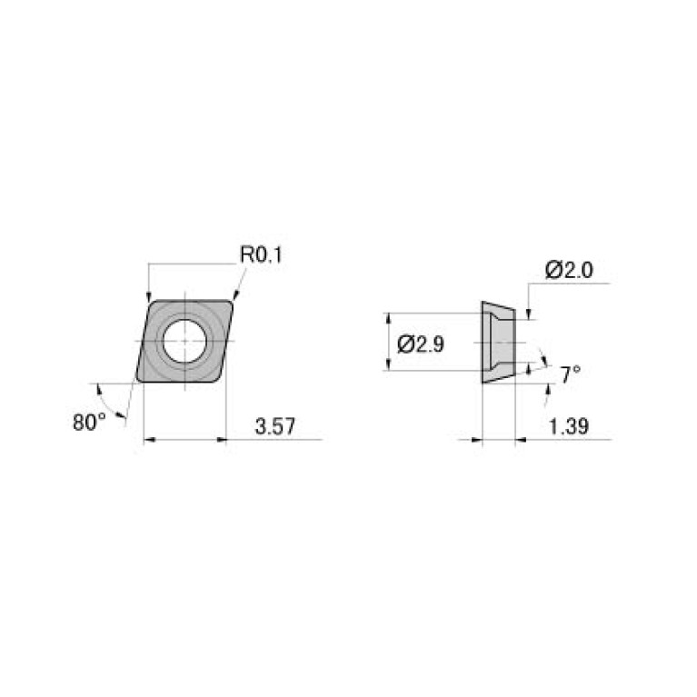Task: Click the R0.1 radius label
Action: coord(262,255)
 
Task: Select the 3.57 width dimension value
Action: coord(274,427)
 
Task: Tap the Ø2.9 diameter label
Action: coord(421,344)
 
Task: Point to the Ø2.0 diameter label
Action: coord(569,270)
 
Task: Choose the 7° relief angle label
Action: coord(570,373)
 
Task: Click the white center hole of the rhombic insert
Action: coord(184,341)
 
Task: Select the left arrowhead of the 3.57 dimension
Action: coord(148,441)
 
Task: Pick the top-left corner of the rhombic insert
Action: coord(152,302)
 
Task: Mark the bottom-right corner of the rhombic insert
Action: coord(218,380)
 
